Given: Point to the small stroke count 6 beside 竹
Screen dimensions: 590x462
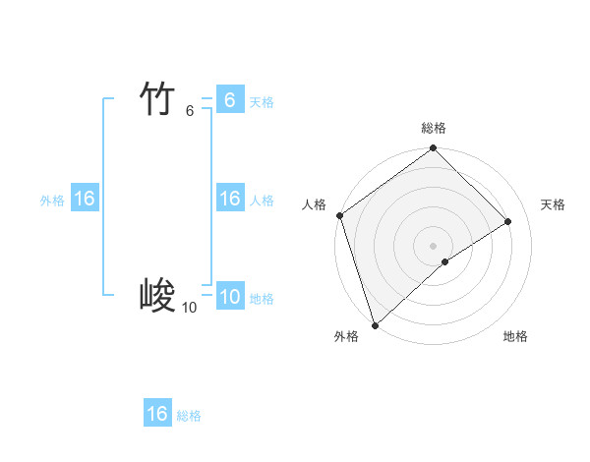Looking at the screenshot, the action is [x=190, y=111].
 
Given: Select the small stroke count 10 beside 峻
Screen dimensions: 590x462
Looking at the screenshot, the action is [x=189, y=308].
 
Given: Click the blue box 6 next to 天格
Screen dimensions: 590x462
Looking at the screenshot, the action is [x=229, y=100].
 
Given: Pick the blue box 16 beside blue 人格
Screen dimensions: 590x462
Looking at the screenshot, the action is [x=229, y=199].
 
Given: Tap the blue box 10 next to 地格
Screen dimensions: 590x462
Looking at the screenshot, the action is [x=229, y=297].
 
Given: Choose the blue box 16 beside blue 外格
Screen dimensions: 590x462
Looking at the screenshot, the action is [x=85, y=199].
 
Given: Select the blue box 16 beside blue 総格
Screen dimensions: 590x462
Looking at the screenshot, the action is [x=157, y=414].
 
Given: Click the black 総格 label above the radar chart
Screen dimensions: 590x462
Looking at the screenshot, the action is [x=434, y=128].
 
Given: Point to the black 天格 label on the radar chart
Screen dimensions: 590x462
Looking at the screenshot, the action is [x=553, y=204].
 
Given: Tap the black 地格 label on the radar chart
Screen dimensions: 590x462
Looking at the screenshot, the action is [x=515, y=336].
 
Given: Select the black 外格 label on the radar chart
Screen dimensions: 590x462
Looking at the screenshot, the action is [x=346, y=336].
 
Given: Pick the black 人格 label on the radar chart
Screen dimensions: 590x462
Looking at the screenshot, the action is [x=314, y=204].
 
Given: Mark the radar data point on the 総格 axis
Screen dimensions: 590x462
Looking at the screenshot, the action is [x=434, y=149].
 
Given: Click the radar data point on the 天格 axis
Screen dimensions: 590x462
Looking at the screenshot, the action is [x=508, y=221].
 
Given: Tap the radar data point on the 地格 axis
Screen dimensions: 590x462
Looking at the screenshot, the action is [x=445, y=261].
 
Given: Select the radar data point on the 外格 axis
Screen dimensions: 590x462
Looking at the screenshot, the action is [x=375, y=324].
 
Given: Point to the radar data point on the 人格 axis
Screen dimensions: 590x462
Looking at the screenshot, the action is [x=339, y=215].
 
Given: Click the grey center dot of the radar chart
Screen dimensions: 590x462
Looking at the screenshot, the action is [x=433, y=245].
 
